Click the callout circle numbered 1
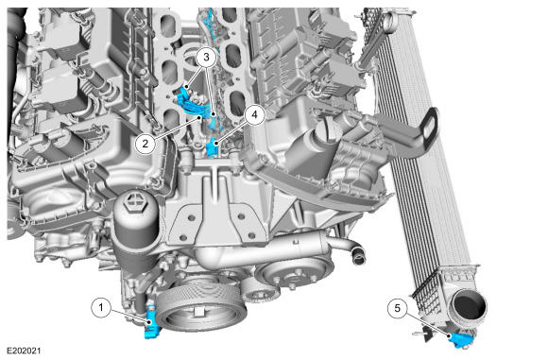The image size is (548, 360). (x=101, y=308)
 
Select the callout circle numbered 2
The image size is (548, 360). (x=146, y=143)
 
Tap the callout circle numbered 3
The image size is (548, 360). (x=206, y=57)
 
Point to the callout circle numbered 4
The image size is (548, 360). (x=254, y=114)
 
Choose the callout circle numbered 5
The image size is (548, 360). (x=398, y=308)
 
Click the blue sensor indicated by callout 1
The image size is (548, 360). (x=152, y=322)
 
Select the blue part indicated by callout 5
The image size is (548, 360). (x=461, y=340)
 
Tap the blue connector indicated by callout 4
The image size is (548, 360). (x=213, y=146)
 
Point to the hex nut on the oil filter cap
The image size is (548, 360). (x=134, y=201)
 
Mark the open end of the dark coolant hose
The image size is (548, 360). (x=358, y=259)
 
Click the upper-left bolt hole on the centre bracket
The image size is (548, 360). (x=191, y=217)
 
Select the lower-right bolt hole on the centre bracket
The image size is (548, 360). (x=248, y=235)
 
